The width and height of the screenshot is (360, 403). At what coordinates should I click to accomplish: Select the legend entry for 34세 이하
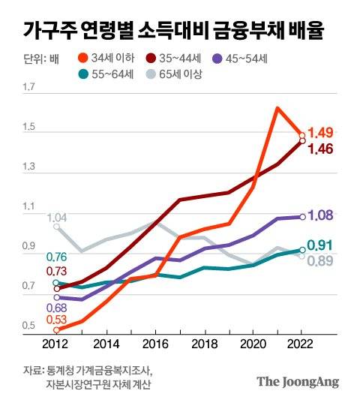point(109,57)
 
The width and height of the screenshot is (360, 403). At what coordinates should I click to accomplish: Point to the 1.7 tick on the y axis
point(29,89)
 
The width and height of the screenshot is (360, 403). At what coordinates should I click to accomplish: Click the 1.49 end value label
point(320,133)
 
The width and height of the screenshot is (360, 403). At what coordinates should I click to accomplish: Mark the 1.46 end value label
point(320,149)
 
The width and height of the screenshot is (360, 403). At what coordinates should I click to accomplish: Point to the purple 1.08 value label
point(320,216)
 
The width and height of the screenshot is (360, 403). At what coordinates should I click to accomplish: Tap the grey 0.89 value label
point(320,261)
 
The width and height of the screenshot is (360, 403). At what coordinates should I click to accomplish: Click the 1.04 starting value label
point(57,218)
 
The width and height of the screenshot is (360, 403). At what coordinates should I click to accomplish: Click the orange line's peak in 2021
point(277,108)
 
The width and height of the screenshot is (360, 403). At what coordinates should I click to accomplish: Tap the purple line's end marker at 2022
point(301,217)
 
